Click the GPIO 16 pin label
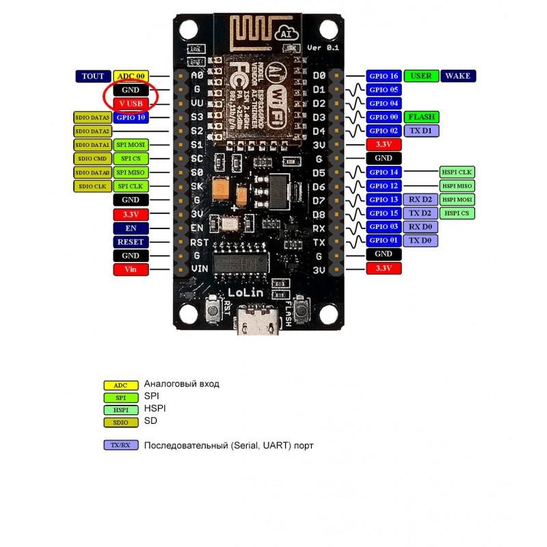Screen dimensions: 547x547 pyautogui.click(x=383, y=76)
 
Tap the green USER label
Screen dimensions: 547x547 pyautogui.click(x=421, y=76)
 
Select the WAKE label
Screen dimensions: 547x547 pyautogui.click(x=457, y=76)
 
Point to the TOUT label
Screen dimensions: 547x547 pyautogui.click(x=92, y=76)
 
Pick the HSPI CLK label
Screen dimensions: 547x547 pyautogui.click(x=456, y=172)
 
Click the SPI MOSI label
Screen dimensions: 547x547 pyautogui.click(x=130, y=145)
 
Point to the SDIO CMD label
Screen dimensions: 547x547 pyautogui.click(x=92, y=159)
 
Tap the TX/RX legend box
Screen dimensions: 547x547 pyautogui.click(x=120, y=445)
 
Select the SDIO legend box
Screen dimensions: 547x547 pyautogui.click(x=120, y=422)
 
